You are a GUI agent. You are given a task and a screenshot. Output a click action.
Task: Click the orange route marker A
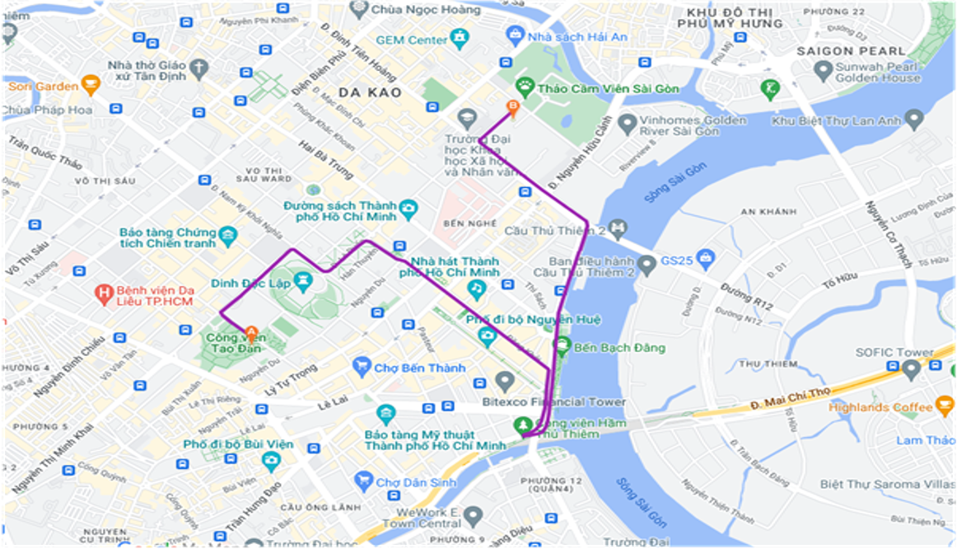click(252, 333)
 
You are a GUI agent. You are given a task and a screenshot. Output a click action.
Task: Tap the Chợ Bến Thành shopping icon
click(361, 366)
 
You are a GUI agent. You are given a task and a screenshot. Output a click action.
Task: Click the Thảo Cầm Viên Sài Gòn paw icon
click(525, 86)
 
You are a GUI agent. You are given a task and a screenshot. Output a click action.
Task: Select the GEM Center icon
click(460, 38)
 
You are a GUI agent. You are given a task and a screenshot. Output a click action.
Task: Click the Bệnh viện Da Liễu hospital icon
click(103, 293)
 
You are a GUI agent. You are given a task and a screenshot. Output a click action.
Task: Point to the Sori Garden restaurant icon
click(91, 85)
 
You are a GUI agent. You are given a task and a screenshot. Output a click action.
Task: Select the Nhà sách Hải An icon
click(516, 35)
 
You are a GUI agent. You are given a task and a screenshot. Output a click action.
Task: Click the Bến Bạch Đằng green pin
click(563, 345)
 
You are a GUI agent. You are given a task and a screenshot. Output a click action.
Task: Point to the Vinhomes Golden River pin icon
click(628, 124)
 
